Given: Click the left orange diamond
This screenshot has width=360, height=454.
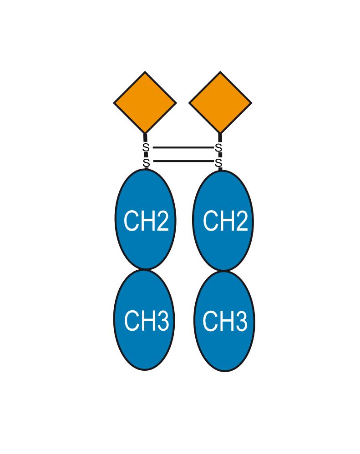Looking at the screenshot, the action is [145, 102].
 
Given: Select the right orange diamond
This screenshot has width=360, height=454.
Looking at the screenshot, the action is [220, 102].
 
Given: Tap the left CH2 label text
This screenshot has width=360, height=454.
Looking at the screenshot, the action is [146, 221].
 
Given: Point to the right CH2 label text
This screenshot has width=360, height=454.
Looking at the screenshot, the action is [225, 221].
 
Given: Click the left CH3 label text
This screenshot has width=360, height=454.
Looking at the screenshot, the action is [146, 320].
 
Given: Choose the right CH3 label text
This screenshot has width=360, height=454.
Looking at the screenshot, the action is [225, 321].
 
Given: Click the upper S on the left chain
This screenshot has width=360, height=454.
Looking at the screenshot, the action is [146, 148].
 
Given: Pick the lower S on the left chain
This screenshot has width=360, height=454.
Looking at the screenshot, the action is [146, 162].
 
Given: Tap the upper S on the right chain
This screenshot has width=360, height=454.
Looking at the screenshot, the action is [218, 148].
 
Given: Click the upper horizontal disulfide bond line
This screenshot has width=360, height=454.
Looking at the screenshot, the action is [183, 148].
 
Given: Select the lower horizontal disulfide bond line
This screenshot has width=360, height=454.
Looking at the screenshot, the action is [183, 161].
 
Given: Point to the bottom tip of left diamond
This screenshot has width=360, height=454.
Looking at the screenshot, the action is [145, 134].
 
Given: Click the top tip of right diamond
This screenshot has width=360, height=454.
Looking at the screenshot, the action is [220, 71].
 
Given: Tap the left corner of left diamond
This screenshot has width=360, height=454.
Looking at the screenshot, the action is [113, 102].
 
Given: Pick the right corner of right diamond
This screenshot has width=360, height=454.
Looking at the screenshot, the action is [252, 102].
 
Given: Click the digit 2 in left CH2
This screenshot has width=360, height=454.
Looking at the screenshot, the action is [162, 221].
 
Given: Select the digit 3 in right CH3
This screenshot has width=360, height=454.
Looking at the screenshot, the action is [241, 321].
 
